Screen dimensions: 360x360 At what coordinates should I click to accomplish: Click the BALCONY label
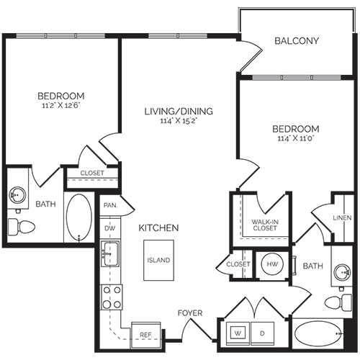click(x=297, y=41)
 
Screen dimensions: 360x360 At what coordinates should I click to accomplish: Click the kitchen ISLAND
click(x=158, y=260)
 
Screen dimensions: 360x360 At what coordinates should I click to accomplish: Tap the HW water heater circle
click(x=271, y=264)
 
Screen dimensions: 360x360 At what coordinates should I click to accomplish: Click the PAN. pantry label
click(x=110, y=205)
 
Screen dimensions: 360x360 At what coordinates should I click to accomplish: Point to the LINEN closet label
click(x=342, y=218)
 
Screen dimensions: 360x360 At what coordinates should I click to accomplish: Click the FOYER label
click(x=191, y=313)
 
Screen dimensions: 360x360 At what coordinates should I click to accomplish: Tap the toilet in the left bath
click(x=22, y=227)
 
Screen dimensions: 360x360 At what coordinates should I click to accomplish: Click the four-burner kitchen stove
click(x=111, y=296)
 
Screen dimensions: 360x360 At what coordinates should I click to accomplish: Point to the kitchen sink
click(x=111, y=253)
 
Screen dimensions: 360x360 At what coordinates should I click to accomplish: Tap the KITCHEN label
click(x=158, y=228)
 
